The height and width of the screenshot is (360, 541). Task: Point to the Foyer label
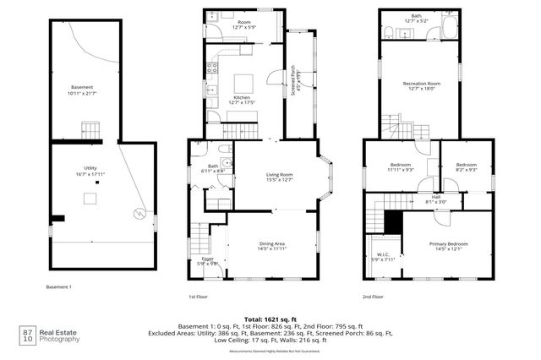(x=208, y=259)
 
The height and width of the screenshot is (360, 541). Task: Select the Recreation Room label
(x=422, y=84)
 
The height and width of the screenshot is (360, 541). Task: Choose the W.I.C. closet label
(x=381, y=255)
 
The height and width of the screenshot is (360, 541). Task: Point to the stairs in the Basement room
(x=90, y=131)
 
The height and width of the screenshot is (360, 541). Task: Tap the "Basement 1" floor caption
(x=58, y=287)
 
